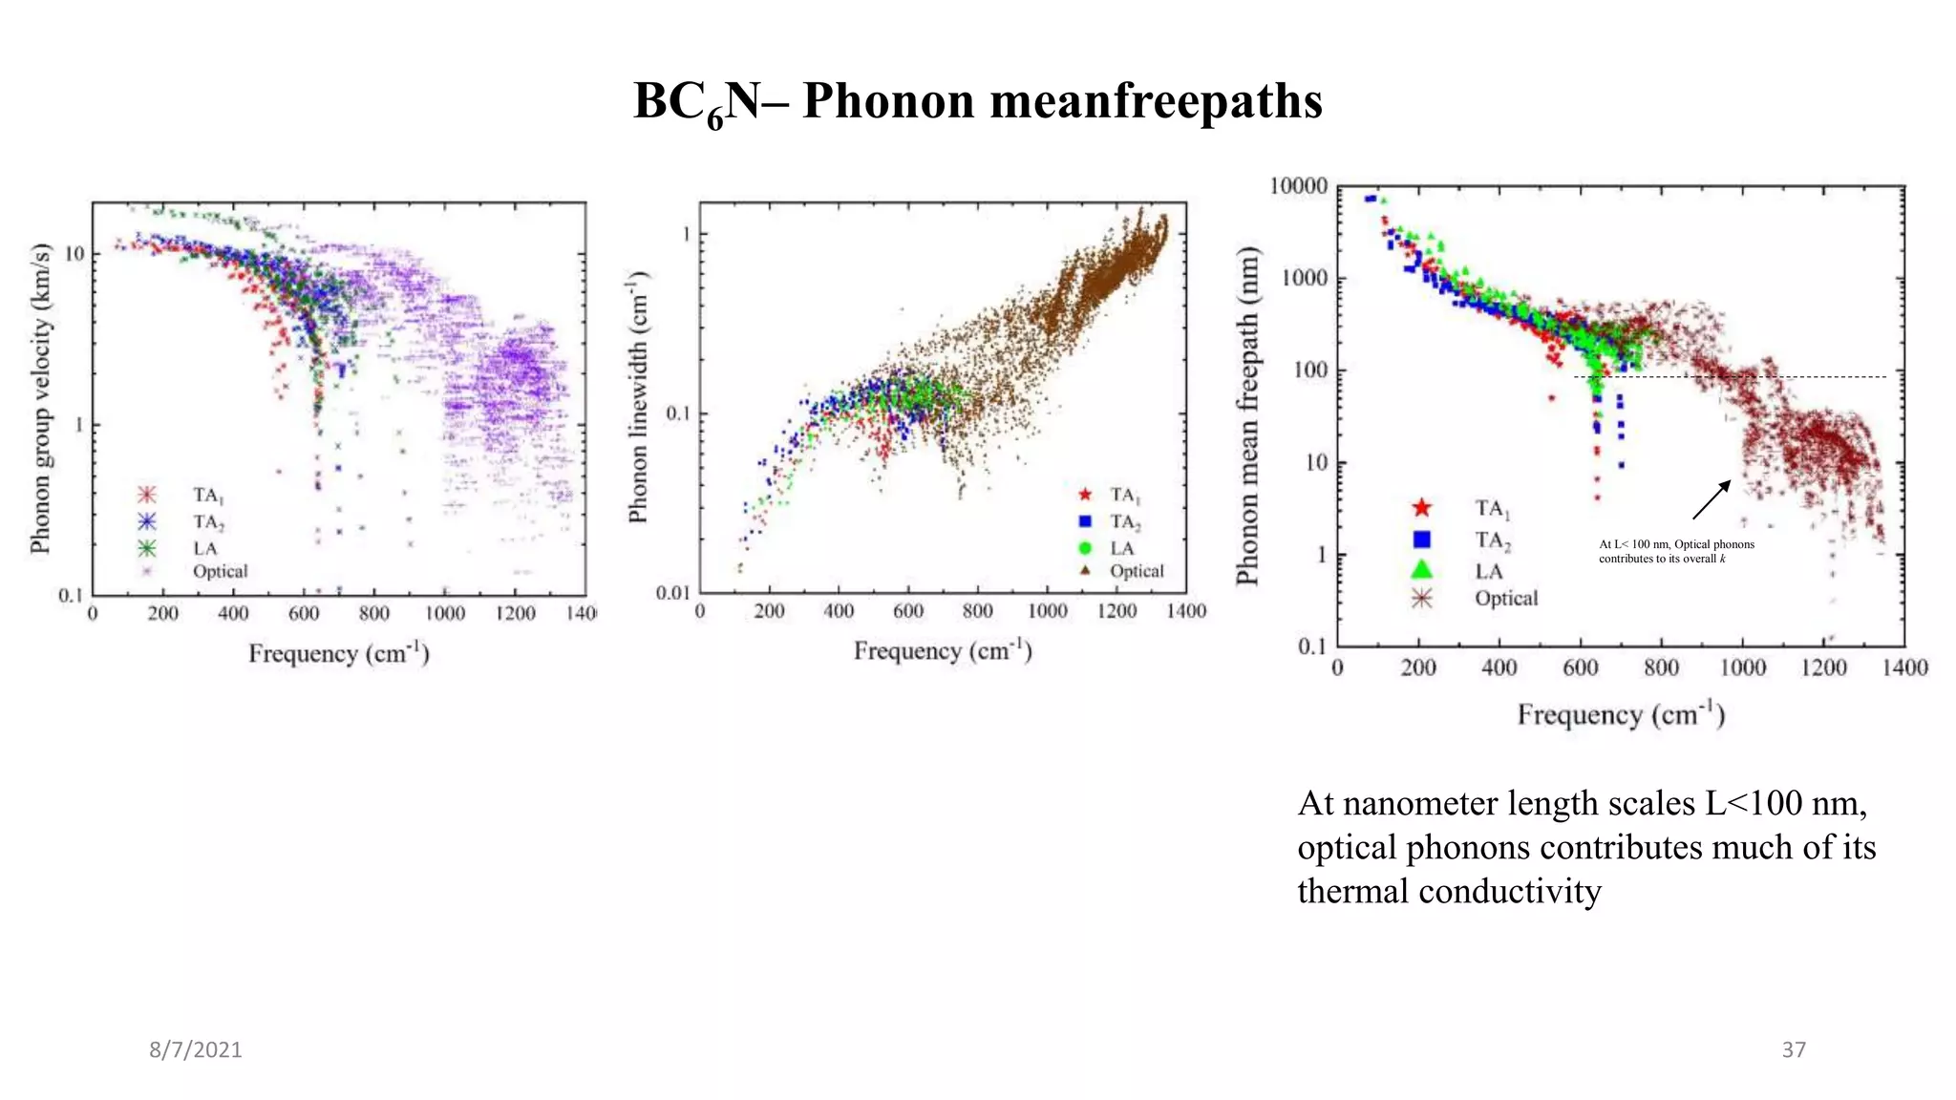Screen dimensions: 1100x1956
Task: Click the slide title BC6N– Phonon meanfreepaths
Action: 977,101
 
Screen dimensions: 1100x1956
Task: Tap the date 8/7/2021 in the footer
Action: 195,1049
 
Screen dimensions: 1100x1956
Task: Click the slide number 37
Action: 1794,1049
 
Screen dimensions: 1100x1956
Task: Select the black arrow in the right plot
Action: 1711,500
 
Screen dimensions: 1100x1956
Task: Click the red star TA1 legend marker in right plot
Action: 1421,508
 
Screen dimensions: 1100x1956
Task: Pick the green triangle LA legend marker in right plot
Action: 1421,569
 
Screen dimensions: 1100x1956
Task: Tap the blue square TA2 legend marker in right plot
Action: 1421,539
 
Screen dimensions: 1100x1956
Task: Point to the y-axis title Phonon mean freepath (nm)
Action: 1247,415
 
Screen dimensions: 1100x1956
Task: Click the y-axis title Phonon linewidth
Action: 638,396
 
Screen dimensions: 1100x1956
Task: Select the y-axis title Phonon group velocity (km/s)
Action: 40,398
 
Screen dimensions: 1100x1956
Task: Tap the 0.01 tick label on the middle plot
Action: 672,593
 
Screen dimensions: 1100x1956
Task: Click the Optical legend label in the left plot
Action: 220,571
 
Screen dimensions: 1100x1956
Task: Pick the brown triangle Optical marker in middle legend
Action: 1085,570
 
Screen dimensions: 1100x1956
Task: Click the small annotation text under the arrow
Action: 1676,551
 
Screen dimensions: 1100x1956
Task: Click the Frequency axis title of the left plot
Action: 339,653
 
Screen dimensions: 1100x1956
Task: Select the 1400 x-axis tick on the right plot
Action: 1904,667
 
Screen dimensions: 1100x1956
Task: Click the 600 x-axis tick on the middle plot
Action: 907,611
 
